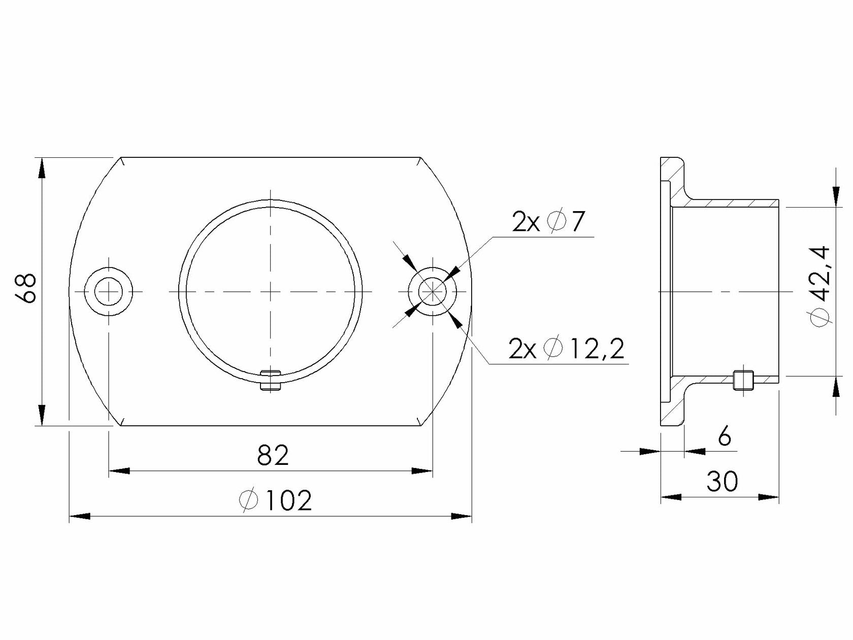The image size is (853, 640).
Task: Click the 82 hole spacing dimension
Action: click(x=273, y=455)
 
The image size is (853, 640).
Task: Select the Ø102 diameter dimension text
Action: click(x=275, y=501)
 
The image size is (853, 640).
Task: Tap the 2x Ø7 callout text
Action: click(x=549, y=222)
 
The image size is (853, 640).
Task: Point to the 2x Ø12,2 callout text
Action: click(x=566, y=349)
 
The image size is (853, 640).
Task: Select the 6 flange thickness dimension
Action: click(x=725, y=436)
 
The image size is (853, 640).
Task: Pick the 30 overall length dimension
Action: click(x=722, y=482)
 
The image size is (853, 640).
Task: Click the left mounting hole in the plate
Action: click(x=109, y=291)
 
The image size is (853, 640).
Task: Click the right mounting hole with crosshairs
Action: click(x=432, y=291)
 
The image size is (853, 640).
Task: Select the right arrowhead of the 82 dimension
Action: click(x=422, y=471)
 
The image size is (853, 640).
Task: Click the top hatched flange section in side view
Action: click(x=673, y=175)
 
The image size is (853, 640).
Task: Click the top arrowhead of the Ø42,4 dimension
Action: click(x=835, y=196)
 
